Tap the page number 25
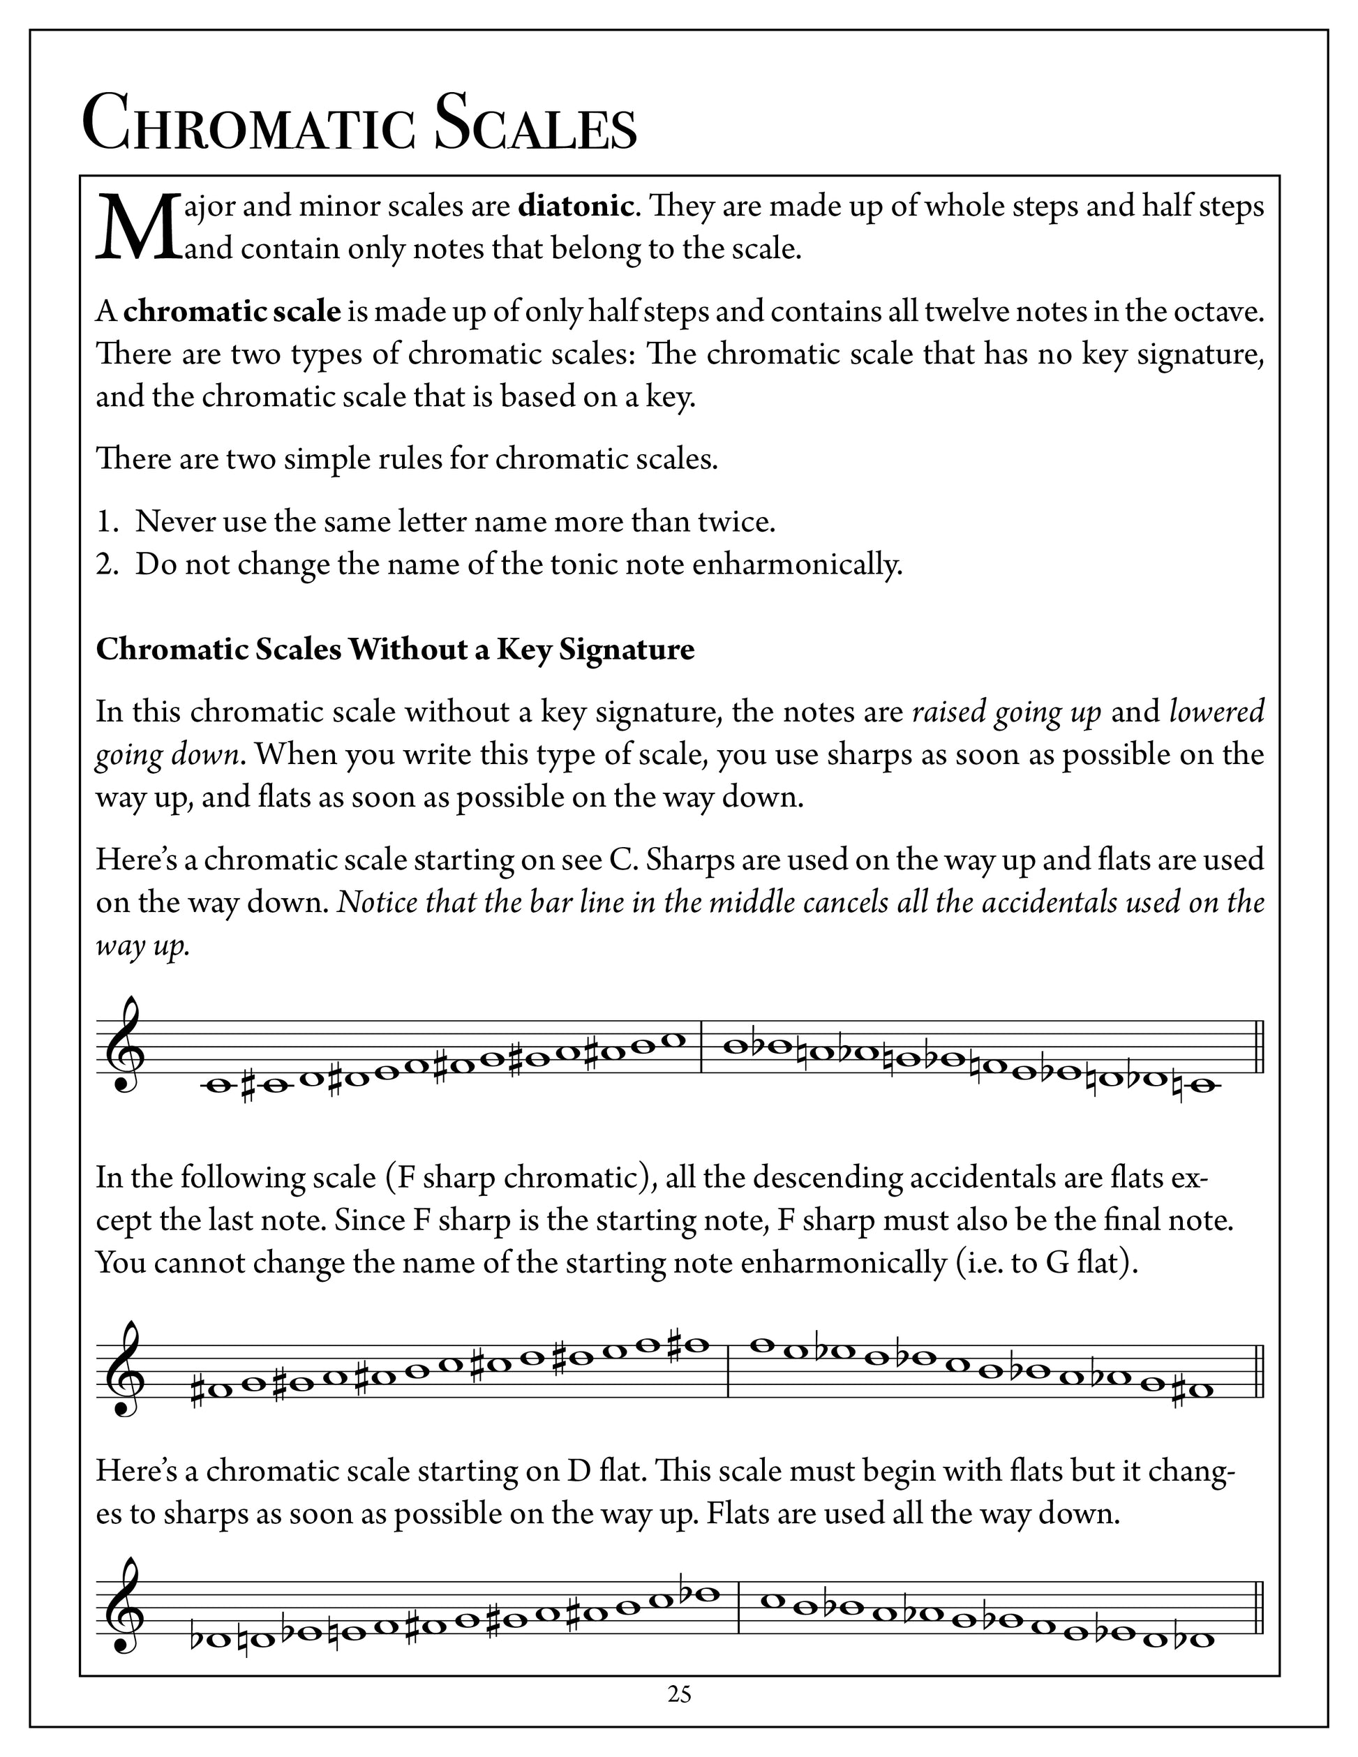(679, 1694)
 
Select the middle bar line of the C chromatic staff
(702, 1047)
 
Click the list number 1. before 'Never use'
(107, 522)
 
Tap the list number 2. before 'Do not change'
(107, 565)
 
